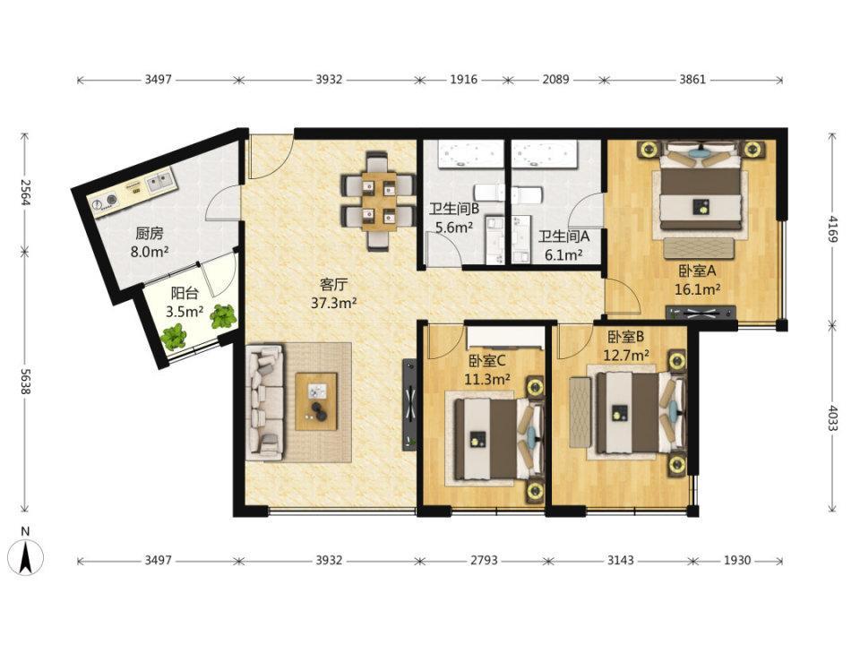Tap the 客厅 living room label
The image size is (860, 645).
(334, 285)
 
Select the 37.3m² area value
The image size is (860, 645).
(334, 303)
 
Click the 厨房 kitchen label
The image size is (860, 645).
(150, 234)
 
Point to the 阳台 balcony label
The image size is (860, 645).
(185, 294)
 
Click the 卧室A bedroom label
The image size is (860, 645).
(698, 271)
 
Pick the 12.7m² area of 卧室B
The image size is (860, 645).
(626, 356)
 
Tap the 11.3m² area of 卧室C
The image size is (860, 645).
(487, 379)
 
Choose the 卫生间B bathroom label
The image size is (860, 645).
(454, 209)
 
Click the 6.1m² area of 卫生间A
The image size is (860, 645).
(563, 255)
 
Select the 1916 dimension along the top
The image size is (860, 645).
(463, 80)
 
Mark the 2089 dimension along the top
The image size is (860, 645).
(555, 80)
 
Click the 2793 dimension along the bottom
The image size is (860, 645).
(484, 561)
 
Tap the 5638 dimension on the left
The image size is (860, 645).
(25, 381)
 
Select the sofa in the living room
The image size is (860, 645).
(265, 402)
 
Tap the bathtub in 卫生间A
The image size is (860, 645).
(546, 152)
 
